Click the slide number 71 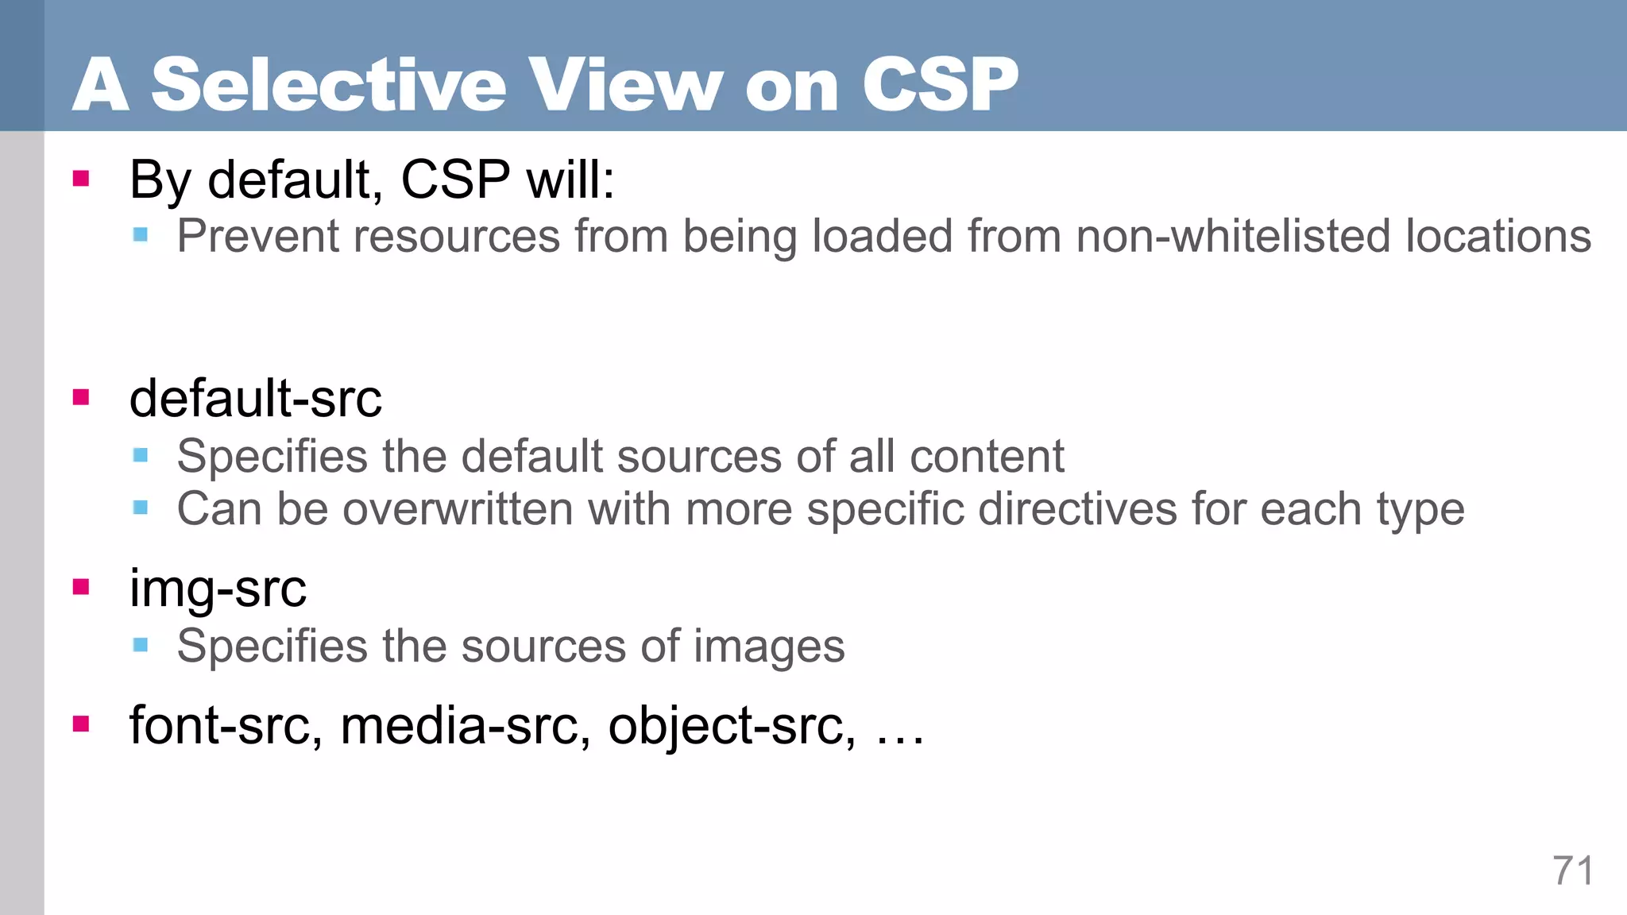click(1572, 871)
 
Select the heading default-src click(255, 398)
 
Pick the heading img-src click(218, 589)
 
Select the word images click(769, 646)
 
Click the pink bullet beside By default click(80, 178)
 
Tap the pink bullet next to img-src click(80, 587)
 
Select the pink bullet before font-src click(80, 724)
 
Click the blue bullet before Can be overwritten click(141, 508)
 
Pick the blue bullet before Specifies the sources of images click(141, 645)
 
